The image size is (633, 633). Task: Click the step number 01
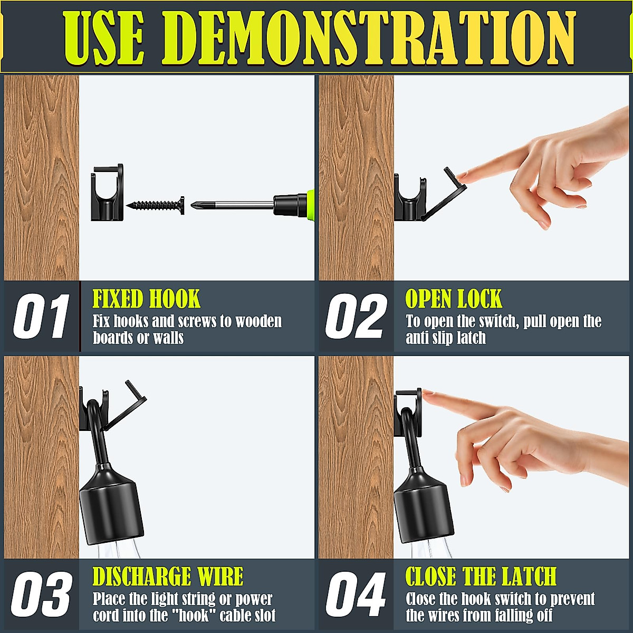[41, 316]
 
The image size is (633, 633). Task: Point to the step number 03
[41, 595]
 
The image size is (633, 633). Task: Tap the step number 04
[356, 595]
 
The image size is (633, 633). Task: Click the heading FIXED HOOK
[146, 299]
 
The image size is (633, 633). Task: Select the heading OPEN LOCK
[454, 299]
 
